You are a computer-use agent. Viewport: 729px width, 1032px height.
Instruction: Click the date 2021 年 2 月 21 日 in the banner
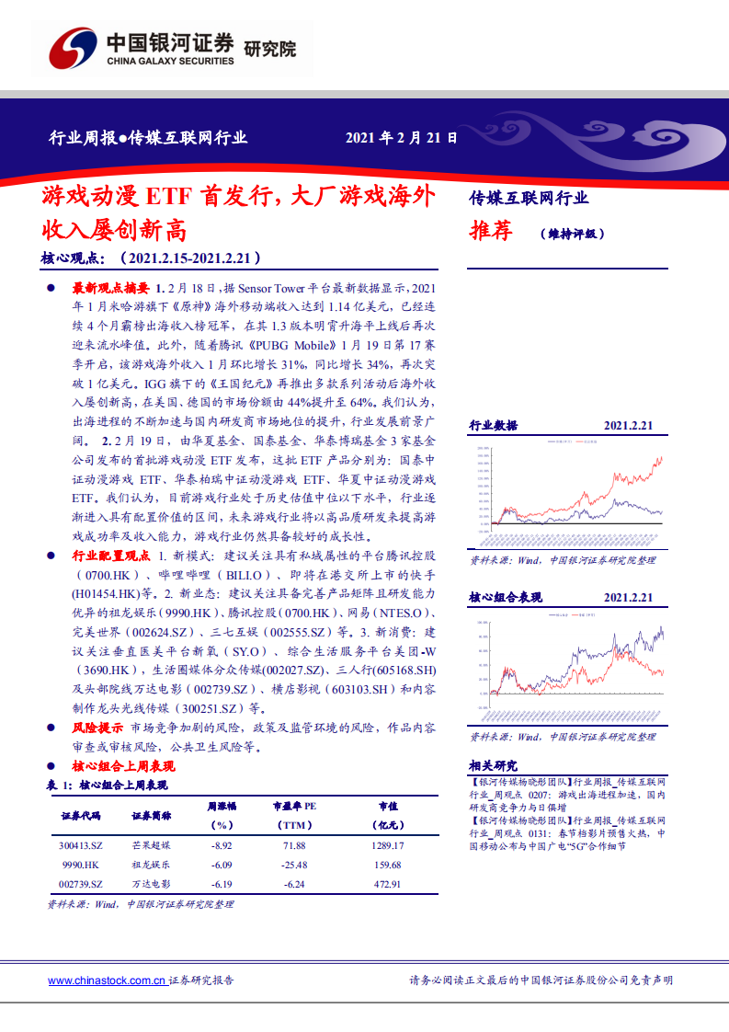click(401, 138)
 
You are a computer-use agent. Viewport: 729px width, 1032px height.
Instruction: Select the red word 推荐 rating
click(491, 231)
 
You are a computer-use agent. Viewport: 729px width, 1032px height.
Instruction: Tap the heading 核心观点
click(74, 258)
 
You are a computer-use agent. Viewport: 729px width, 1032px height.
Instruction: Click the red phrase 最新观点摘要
click(112, 288)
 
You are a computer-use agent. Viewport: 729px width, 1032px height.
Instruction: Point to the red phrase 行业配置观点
click(110, 556)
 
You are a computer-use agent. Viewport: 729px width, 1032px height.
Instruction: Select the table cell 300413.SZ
click(81, 844)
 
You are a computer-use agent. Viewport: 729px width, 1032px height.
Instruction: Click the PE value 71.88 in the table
click(294, 844)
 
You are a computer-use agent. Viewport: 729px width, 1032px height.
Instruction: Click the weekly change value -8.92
click(222, 844)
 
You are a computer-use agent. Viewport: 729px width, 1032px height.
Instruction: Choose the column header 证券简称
click(151, 816)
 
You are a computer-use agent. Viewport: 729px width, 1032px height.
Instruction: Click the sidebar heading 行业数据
click(494, 426)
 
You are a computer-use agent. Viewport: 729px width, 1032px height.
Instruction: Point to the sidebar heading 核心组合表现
click(507, 598)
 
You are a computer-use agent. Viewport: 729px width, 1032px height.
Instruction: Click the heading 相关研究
click(494, 765)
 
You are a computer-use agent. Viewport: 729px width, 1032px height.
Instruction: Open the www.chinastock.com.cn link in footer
click(107, 980)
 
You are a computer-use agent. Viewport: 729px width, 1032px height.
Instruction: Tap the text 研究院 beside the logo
click(270, 49)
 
